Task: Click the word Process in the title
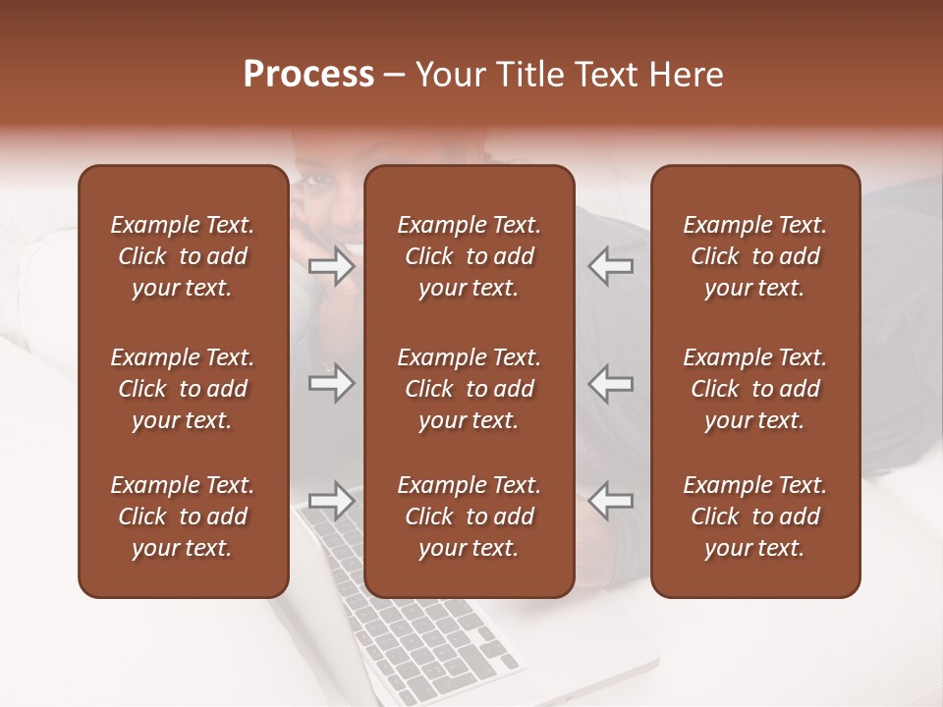308,75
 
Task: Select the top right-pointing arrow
331,266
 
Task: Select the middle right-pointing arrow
331,383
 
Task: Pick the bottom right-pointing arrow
331,500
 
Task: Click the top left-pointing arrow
611,266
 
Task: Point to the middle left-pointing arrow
611,383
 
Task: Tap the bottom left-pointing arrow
611,500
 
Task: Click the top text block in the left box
183,256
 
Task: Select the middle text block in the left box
183,389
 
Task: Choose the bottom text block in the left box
183,517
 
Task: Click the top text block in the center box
469,256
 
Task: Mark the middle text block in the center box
469,389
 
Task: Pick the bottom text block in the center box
469,517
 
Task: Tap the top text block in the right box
754,256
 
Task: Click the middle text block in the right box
754,389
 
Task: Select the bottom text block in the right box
754,517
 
